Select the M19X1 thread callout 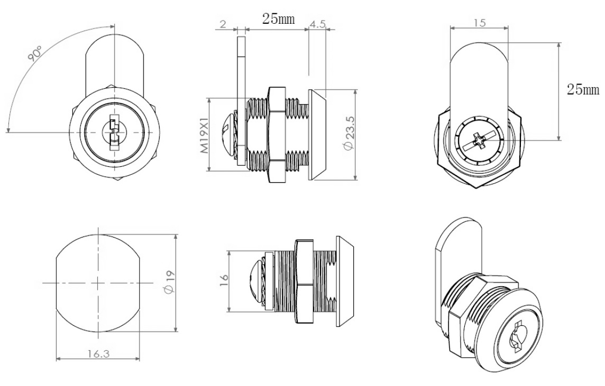pyautogui.click(x=207, y=135)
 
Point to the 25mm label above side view pyautogui.click(x=279, y=20)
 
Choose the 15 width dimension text pyautogui.click(x=479, y=23)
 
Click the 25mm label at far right pyautogui.click(x=583, y=89)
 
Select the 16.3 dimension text pyautogui.click(x=98, y=353)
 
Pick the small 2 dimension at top pyautogui.click(x=223, y=24)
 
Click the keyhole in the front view pyautogui.click(x=114, y=132)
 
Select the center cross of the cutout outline pyautogui.click(x=98, y=283)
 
